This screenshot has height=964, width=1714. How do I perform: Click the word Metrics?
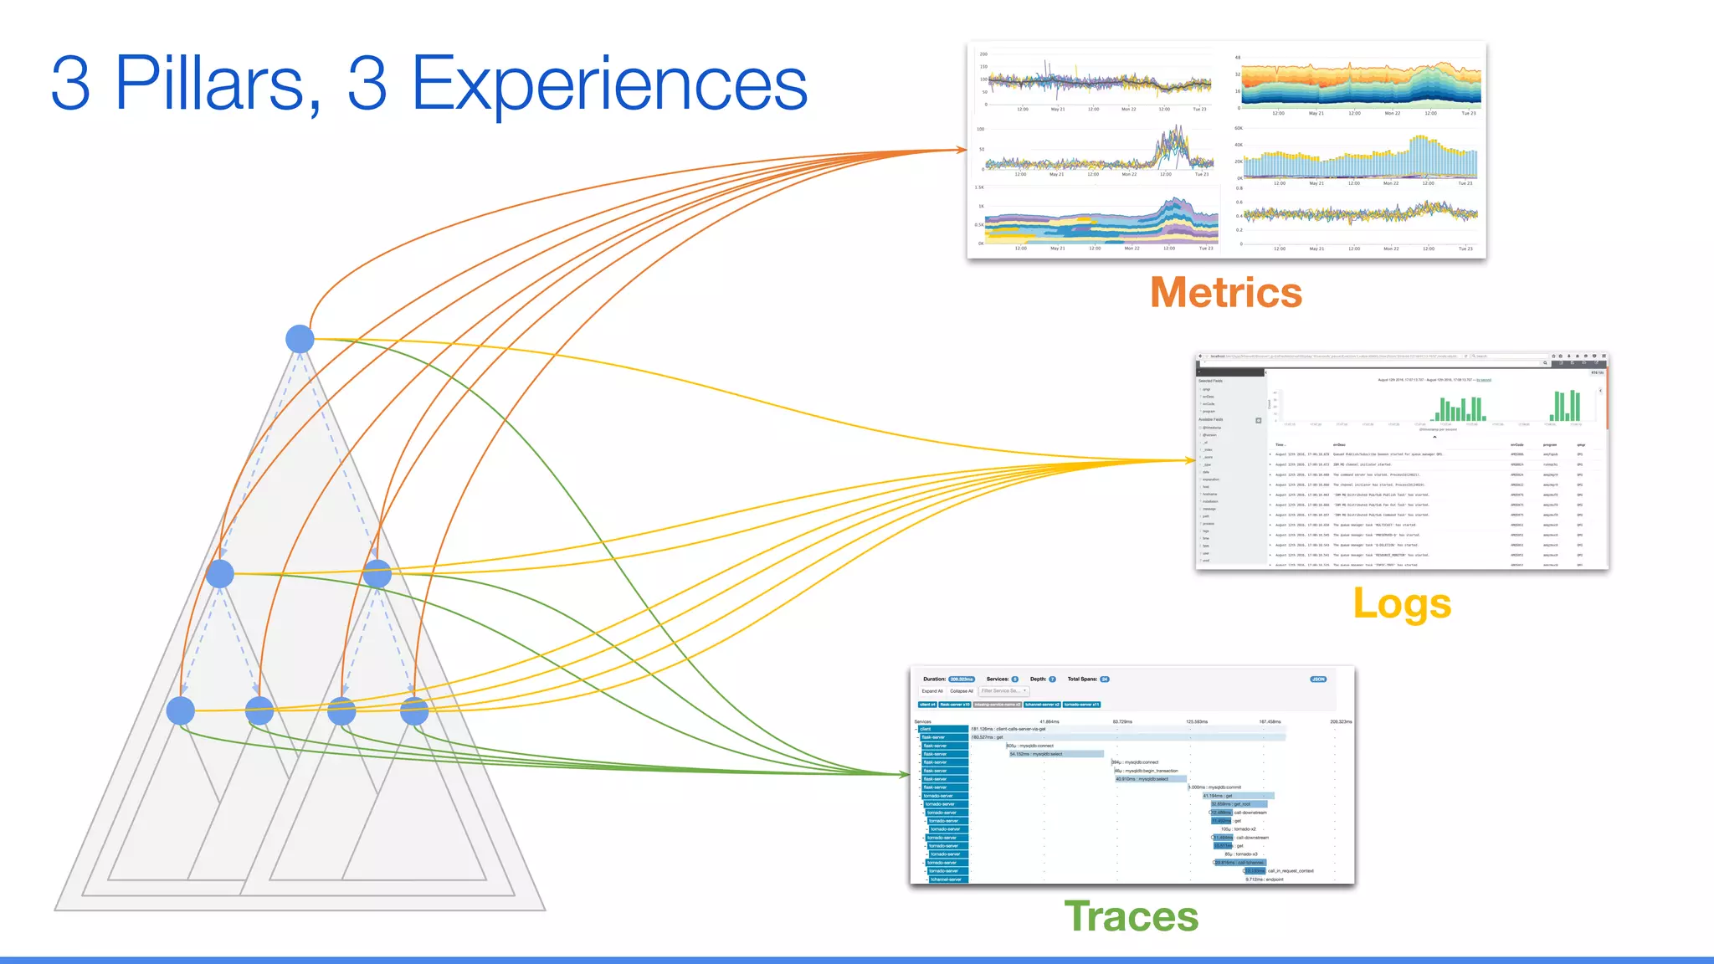1226,293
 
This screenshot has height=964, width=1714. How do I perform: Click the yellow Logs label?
1402,603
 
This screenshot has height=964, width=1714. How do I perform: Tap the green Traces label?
1131,915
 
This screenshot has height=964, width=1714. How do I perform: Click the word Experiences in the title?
608,83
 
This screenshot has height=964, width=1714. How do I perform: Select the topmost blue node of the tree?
300,339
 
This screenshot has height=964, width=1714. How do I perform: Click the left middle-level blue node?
220,574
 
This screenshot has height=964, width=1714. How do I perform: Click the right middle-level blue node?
377,574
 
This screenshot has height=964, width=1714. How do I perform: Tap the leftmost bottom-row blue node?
181,710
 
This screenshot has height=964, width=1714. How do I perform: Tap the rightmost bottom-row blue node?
414,710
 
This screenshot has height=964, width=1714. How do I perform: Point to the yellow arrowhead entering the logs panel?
1190,460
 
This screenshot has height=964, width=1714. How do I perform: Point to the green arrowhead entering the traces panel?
905,775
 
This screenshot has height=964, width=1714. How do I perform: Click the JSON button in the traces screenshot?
1318,679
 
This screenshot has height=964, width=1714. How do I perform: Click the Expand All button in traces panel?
931,691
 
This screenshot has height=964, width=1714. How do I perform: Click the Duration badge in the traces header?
962,679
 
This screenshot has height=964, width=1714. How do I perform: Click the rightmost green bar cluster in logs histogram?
1566,406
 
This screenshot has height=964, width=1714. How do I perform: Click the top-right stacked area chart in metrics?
1361,85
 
